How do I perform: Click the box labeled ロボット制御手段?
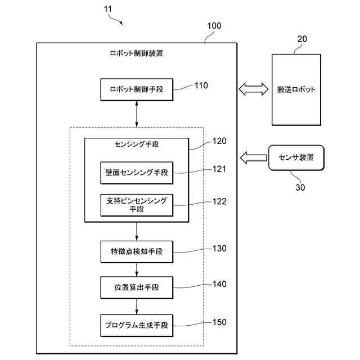point(137,89)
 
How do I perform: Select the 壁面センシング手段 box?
point(137,173)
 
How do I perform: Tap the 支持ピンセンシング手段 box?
point(137,205)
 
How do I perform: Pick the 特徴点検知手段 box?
point(137,251)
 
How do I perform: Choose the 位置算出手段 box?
point(137,287)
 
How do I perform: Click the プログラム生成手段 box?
point(137,326)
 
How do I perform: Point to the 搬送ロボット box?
point(296,89)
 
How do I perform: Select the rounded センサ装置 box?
point(296,157)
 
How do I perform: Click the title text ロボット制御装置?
point(136,53)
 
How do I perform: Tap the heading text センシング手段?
point(137,144)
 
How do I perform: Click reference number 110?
point(201,85)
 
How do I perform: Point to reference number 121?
point(219,169)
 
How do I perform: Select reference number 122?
point(219,201)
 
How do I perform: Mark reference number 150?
point(219,322)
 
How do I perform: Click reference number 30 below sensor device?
point(300,187)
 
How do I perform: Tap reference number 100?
point(214,26)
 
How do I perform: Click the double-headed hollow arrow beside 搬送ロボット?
point(254,89)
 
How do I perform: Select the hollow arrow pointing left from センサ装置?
point(254,157)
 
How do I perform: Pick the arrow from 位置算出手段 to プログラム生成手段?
point(137,307)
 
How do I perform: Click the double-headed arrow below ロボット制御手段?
point(137,114)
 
